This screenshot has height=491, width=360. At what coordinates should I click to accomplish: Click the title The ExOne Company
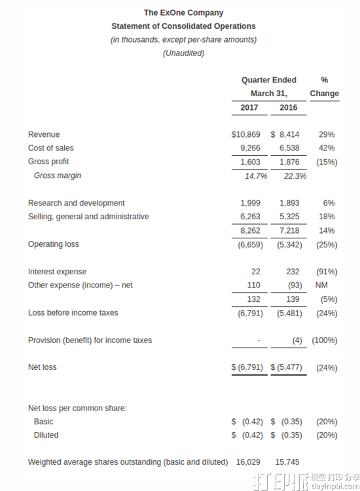183,12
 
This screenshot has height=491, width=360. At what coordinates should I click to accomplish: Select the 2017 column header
249,107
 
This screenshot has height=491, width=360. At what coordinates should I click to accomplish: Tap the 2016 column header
288,107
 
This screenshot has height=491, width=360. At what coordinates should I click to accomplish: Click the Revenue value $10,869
245,134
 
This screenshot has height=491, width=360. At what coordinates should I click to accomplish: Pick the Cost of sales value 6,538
289,148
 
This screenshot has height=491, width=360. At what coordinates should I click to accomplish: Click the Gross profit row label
48,162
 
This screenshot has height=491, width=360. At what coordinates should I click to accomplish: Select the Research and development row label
76,203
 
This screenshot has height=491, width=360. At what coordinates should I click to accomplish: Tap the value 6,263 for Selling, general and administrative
250,217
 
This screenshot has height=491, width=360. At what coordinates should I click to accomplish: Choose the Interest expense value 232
293,272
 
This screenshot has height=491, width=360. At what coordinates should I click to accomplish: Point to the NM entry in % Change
322,285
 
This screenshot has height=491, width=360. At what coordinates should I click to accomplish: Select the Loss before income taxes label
73,313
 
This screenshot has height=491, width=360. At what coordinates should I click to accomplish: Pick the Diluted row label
46,435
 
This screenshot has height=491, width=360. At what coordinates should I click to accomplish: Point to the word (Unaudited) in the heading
183,53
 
